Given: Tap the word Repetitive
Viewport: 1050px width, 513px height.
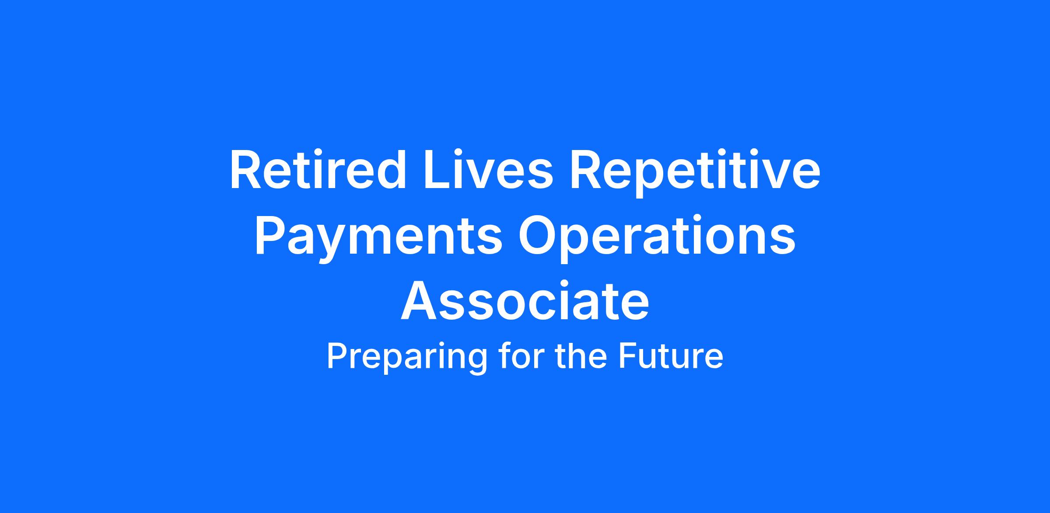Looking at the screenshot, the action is (695, 173).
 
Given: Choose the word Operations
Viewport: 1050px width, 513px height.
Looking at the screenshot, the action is (657, 239).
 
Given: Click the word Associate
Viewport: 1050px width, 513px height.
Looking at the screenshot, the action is (525, 302).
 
